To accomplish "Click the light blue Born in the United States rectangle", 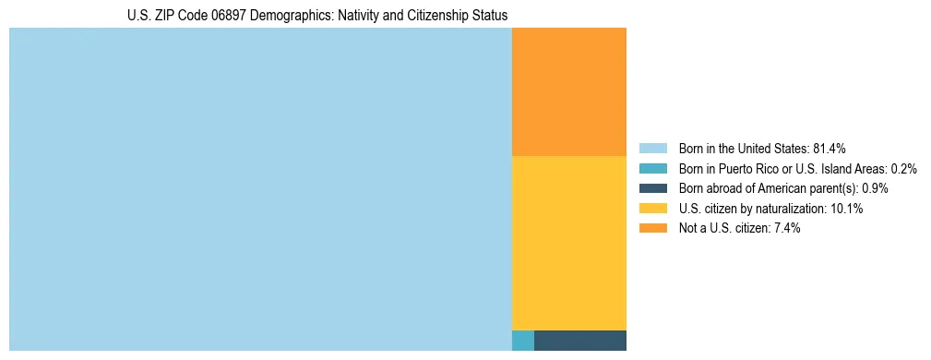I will [260, 189].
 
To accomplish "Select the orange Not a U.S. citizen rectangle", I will [568, 91].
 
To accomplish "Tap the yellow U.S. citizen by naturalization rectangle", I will [568, 243].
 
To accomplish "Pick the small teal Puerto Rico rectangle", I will [523, 340].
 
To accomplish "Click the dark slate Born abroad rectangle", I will [579, 340].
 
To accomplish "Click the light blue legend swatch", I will [652, 149].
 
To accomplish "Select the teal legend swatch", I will [652, 169].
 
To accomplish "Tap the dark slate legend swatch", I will [652, 188].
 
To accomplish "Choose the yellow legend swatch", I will [652, 209].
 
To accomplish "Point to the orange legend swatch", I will [652, 229].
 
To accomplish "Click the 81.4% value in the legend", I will [830, 149].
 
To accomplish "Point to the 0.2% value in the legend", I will [903, 169].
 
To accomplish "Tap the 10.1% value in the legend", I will [847, 209].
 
